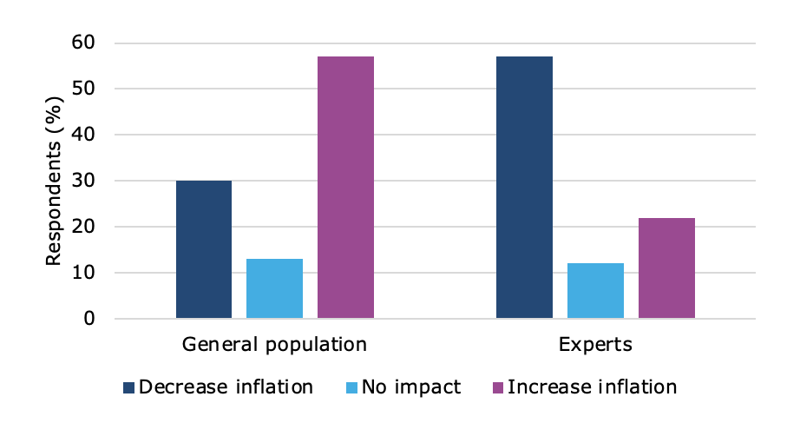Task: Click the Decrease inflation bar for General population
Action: (x=204, y=249)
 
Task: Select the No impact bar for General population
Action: (x=274, y=288)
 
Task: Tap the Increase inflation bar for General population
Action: (x=345, y=188)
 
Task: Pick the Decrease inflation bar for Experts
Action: (x=524, y=188)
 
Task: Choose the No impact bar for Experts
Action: (x=595, y=291)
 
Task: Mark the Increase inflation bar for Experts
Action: (x=666, y=268)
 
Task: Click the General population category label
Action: (x=274, y=344)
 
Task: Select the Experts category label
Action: (x=595, y=344)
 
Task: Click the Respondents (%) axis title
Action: (x=54, y=181)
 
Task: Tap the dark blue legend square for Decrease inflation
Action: (x=128, y=387)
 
